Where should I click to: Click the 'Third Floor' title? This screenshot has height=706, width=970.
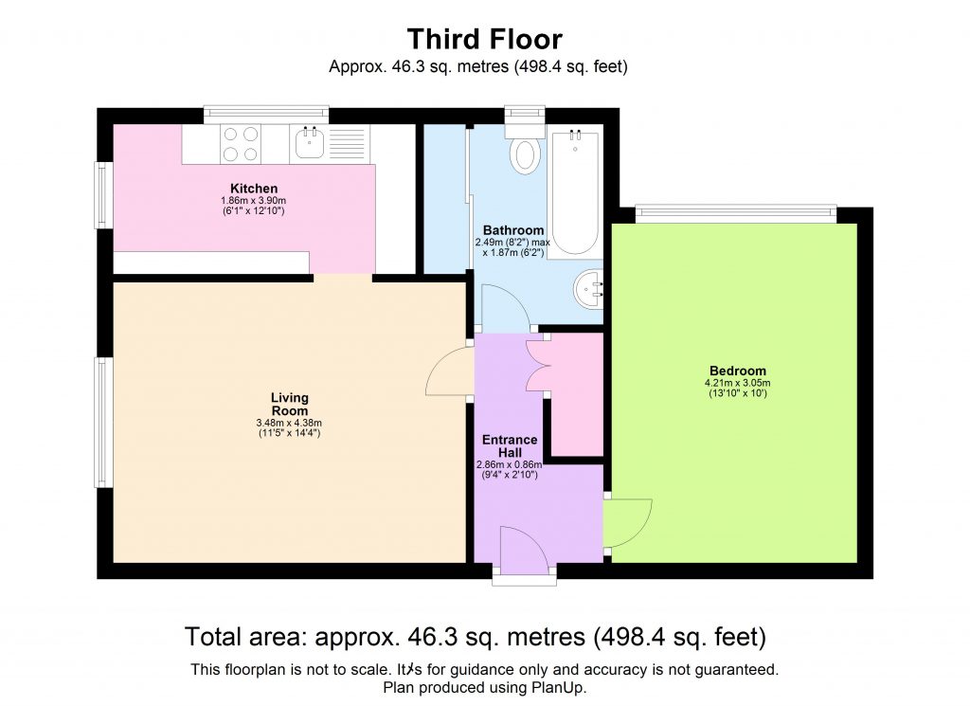(484, 39)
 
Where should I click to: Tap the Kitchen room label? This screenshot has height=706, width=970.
(254, 189)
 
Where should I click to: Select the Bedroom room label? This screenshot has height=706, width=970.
(737, 371)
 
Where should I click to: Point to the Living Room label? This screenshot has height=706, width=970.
(289, 405)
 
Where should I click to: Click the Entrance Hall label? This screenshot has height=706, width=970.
(510, 445)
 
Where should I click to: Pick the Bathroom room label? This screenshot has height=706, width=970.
(513, 230)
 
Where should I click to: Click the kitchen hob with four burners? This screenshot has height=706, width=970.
(241, 143)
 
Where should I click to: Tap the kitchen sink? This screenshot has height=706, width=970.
(311, 143)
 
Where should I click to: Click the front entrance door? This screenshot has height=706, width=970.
(524, 552)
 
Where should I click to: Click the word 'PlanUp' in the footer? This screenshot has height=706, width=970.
(560, 687)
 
